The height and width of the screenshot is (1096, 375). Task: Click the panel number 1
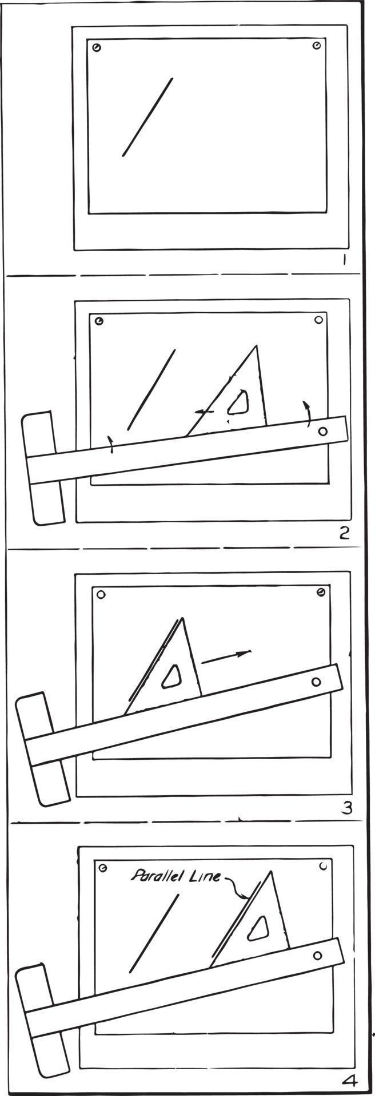click(344, 260)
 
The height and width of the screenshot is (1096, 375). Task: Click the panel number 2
click(344, 533)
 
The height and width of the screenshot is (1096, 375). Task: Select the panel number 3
click(346, 807)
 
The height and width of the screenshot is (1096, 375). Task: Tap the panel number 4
click(349, 1081)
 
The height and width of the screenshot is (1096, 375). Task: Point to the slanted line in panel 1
click(147, 117)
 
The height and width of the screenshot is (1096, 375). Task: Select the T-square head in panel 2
click(43, 468)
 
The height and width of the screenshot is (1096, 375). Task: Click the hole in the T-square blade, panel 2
click(322, 432)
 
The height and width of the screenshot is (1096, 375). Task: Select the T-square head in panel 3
click(42, 749)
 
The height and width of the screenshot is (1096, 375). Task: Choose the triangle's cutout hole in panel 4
click(258, 929)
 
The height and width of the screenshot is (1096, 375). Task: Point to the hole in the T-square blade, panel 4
click(318, 954)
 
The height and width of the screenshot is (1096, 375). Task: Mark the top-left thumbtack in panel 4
click(103, 868)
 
